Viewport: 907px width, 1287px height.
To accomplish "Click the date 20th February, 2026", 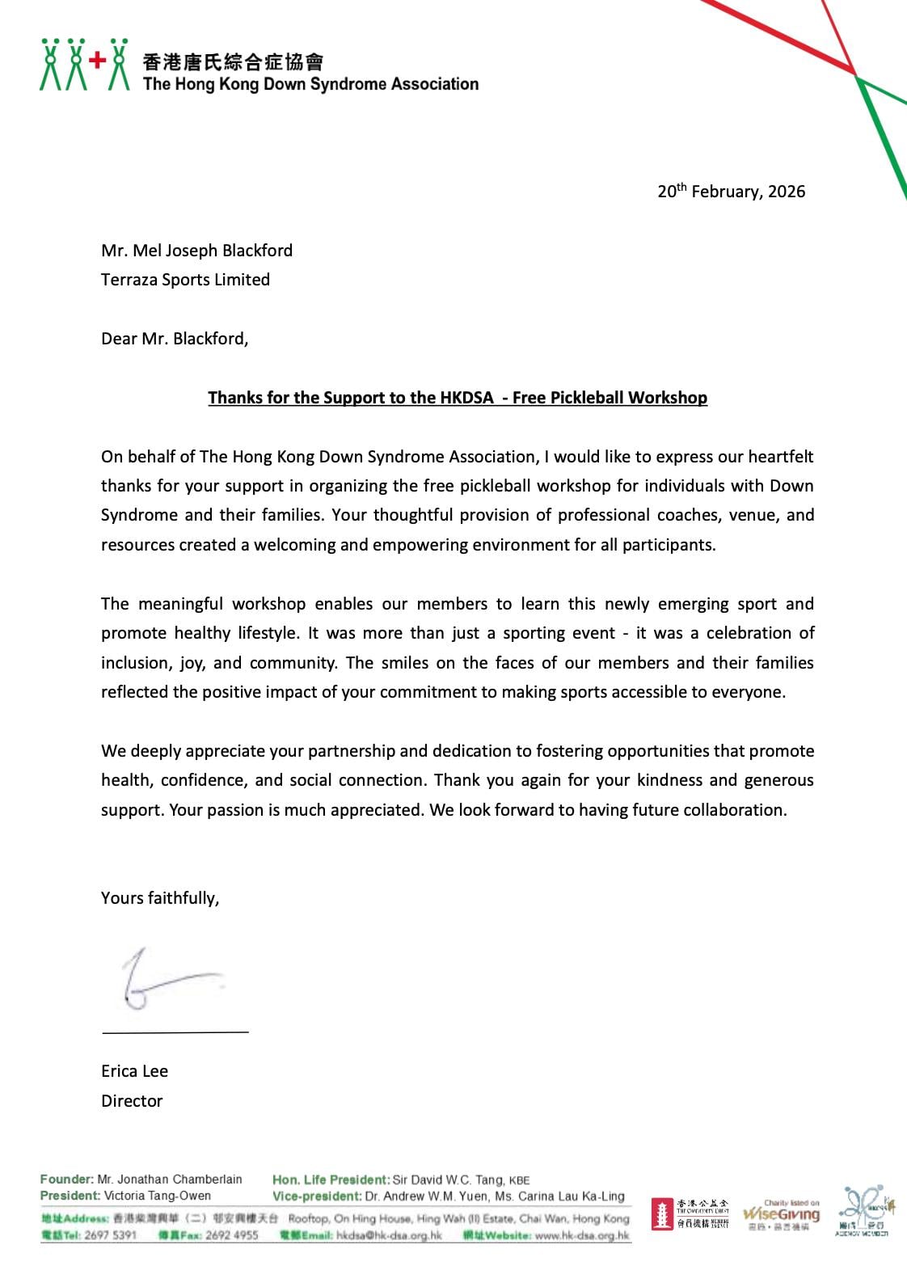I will pyautogui.click(x=731, y=192).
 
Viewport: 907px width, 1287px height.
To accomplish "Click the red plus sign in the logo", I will pyautogui.click(x=98, y=60).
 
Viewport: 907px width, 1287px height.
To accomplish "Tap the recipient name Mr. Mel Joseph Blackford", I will pyautogui.click(x=196, y=251).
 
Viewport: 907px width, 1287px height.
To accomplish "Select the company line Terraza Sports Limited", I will pyautogui.click(x=185, y=280).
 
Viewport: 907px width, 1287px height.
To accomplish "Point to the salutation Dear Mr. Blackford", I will pyautogui.click(x=175, y=339).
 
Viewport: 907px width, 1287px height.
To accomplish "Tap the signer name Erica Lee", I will pyautogui.click(x=134, y=1071).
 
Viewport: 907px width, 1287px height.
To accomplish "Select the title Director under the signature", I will pyautogui.click(x=132, y=1101).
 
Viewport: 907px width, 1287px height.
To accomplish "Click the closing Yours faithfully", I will pyautogui.click(x=160, y=898).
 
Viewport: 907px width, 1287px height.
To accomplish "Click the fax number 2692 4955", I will pyautogui.click(x=232, y=1235).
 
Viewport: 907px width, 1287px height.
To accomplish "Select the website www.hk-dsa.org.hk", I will pyautogui.click(x=582, y=1235).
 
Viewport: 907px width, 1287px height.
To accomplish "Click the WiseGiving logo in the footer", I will pyautogui.click(x=781, y=1215).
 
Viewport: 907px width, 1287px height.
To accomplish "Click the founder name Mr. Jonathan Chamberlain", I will pyautogui.click(x=170, y=1179).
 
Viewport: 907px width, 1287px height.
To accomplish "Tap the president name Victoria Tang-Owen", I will pyautogui.click(x=158, y=1196).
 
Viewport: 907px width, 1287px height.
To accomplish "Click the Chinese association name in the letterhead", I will pyautogui.click(x=233, y=61).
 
